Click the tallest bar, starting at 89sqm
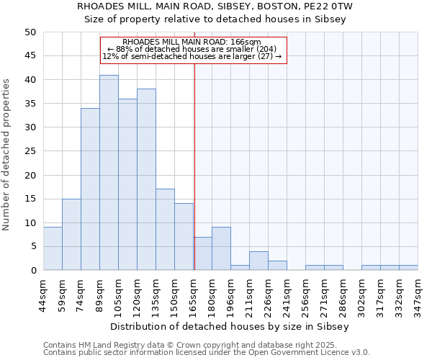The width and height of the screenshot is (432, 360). click(x=109, y=173)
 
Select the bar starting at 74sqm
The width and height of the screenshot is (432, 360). click(x=90, y=189)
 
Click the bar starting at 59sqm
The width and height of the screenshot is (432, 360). click(x=71, y=235)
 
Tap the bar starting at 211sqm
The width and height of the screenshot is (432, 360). click(x=258, y=261)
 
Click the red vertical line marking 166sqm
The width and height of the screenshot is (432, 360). click(x=194, y=166)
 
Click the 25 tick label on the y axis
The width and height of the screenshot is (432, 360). click(x=30, y=151)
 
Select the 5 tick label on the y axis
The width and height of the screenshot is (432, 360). click(x=33, y=246)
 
